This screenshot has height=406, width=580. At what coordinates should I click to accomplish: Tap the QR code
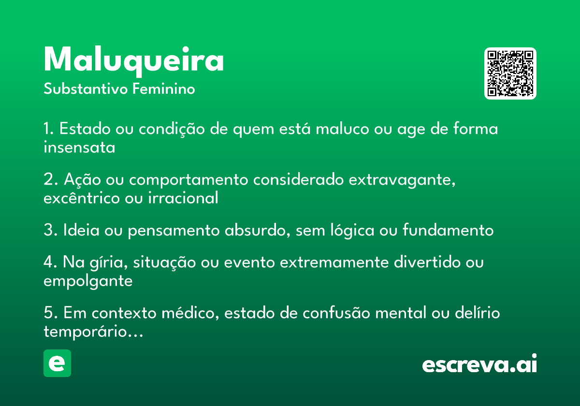[x=510, y=73]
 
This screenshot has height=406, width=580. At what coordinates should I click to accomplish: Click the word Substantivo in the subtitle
[x=86, y=89]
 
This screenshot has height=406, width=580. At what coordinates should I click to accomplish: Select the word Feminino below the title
[x=164, y=89]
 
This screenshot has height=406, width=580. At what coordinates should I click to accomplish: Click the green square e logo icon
[x=57, y=363]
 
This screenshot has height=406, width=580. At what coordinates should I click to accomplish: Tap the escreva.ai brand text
[x=479, y=363]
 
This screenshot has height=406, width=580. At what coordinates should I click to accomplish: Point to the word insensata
[x=79, y=147]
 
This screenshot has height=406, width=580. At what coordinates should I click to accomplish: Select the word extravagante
[x=402, y=179]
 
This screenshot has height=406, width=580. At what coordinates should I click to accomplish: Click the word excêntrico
[x=82, y=198]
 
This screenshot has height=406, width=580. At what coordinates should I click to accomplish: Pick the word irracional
[x=183, y=198]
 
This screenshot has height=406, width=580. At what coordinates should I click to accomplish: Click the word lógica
[x=352, y=230]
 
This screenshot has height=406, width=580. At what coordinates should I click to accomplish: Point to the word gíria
[x=108, y=262]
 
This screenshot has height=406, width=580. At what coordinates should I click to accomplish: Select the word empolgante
[x=88, y=281]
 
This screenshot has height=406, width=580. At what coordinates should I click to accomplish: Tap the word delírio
[x=477, y=313]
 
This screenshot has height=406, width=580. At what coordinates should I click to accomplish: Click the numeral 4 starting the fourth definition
[x=48, y=262]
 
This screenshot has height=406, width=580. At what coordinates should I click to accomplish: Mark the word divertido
[x=427, y=262]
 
